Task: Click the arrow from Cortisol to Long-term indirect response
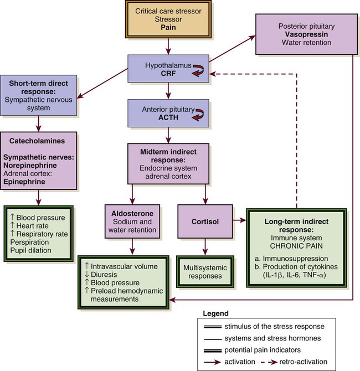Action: (x=240, y=220)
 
